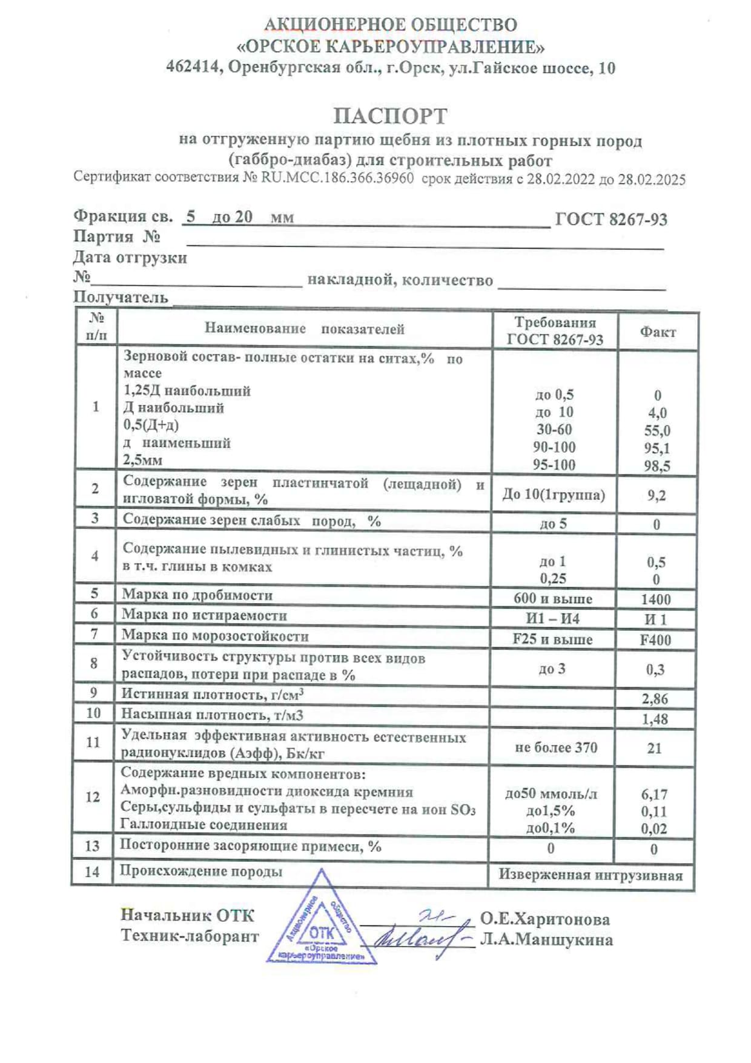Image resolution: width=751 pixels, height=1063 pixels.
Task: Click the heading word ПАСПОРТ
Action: pyautogui.click(x=391, y=116)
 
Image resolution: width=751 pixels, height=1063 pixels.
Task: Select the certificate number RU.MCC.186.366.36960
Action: pyautogui.click(x=337, y=178)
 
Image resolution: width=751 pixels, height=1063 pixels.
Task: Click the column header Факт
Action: pyautogui.click(x=658, y=332)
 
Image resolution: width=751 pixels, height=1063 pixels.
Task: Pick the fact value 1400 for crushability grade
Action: pyautogui.click(x=655, y=599)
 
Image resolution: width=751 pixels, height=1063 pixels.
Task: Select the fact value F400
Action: pyautogui.click(x=655, y=640)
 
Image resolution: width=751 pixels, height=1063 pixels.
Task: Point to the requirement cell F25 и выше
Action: pyautogui.click(x=552, y=639)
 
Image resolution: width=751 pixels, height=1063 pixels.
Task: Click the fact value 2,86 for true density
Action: pyautogui.click(x=655, y=699)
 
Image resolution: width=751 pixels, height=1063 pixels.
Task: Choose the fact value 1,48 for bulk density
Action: pyautogui.click(x=655, y=719)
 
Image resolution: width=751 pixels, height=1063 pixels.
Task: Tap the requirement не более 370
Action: pyautogui.click(x=556, y=748)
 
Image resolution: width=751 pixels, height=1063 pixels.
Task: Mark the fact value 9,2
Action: pyautogui.click(x=657, y=496)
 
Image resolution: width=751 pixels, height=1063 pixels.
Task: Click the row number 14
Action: pyautogui.click(x=92, y=871)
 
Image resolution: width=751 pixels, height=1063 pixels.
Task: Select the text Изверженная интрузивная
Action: pyautogui.click(x=591, y=875)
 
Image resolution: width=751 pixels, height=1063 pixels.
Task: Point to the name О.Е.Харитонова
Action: pyautogui.click(x=545, y=919)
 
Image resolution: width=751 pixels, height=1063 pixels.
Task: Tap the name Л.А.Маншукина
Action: pyautogui.click(x=546, y=940)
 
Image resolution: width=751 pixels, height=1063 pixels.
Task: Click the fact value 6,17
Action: pyautogui.click(x=654, y=794)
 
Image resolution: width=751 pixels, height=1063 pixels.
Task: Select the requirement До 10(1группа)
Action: pyautogui.click(x=554, y=495)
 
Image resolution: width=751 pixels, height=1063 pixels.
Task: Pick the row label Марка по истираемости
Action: pyautogui.click(x=204, y=615)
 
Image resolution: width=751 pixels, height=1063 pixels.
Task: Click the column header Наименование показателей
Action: pyautogui.click(x=304, y=328)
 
